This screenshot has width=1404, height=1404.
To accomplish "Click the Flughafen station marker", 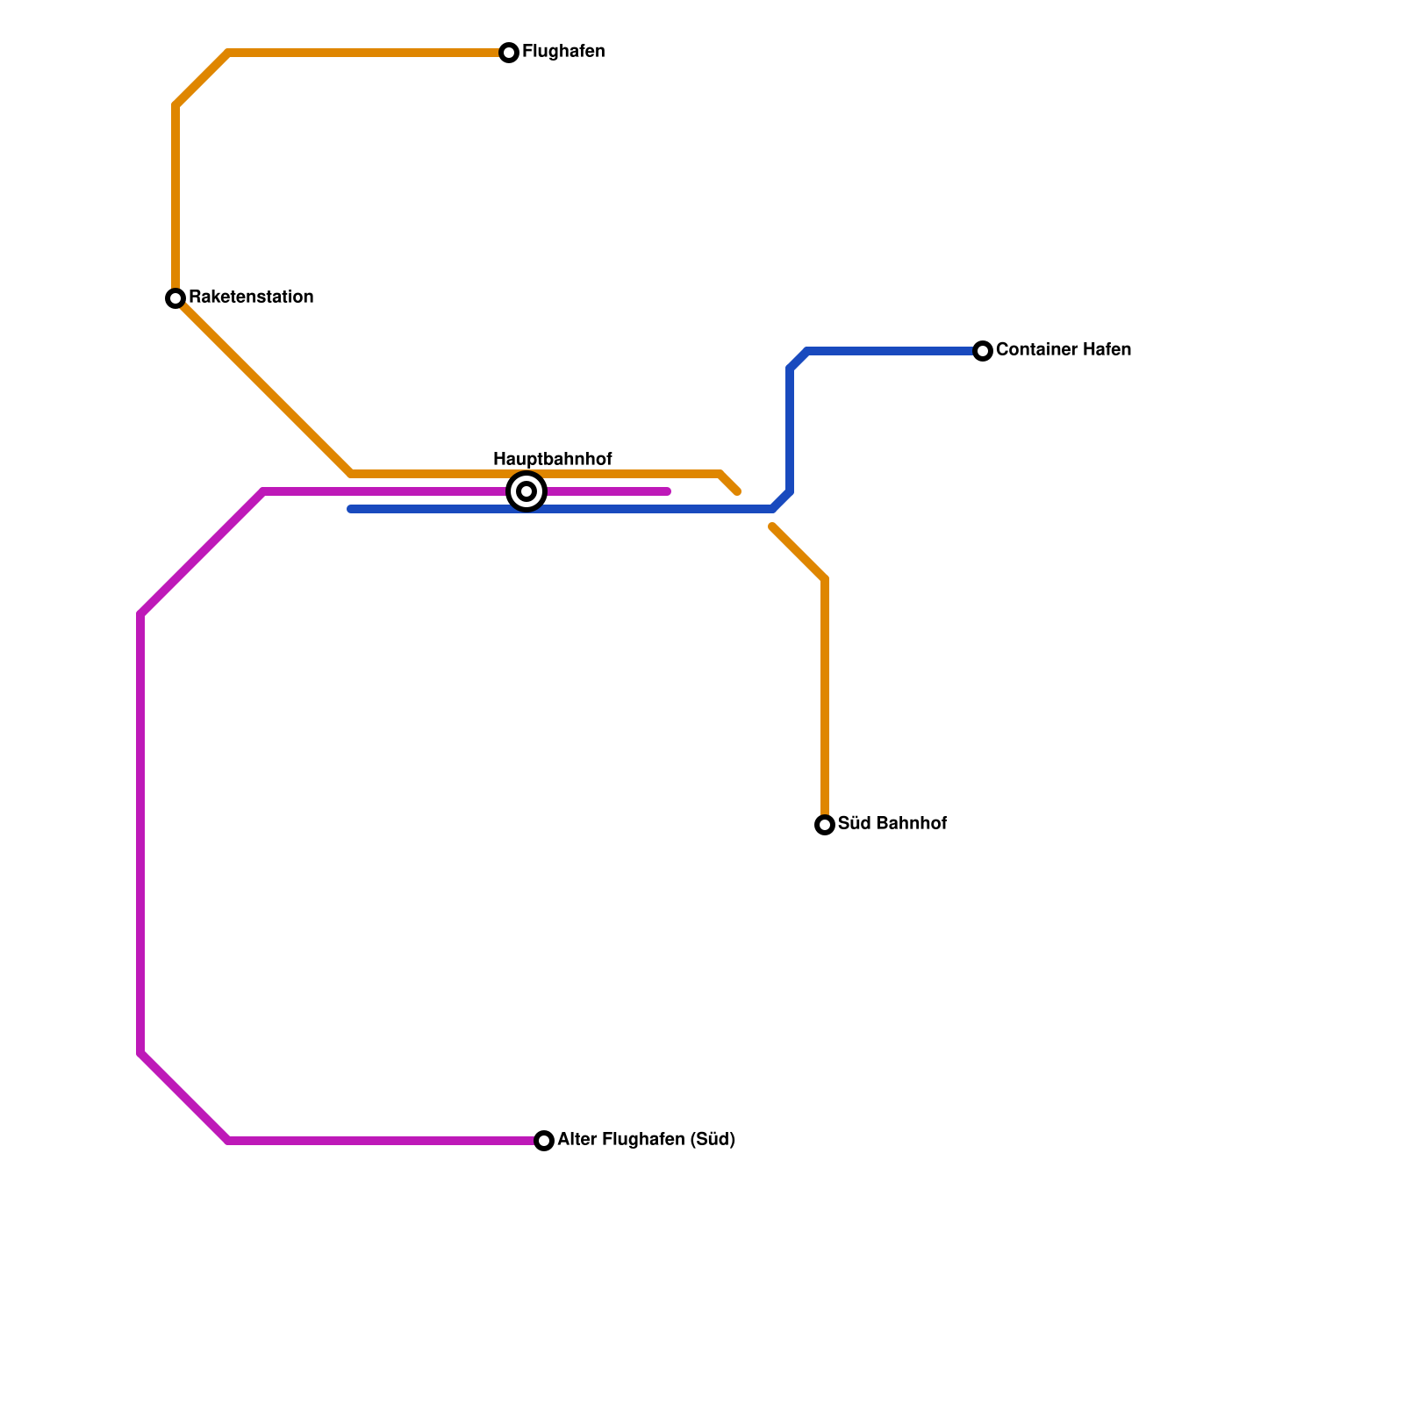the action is [x=509, y=53].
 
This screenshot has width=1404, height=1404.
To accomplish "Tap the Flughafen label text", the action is [x=563, y=52].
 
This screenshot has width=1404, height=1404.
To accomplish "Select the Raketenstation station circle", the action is [x=175, y=298].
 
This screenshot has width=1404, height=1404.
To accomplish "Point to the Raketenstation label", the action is [x=251, y=297].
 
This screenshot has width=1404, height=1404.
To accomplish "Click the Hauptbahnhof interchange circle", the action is [x=526, y=491].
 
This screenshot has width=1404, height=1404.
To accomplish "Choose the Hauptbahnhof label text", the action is [x=552, y=459].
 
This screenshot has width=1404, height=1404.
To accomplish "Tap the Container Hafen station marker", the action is [x=983, y=351].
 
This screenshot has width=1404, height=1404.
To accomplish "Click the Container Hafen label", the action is [x=1064, y=350].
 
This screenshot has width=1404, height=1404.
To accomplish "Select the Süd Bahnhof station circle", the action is [x=825, y=825].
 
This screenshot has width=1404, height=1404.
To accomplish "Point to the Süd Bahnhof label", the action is [x=892, y=824].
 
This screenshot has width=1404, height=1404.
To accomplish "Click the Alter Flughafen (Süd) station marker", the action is [x=544, y=1141].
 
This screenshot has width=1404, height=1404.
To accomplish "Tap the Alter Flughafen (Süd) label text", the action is [x=646, y=1140].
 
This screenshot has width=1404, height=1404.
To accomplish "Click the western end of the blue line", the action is [x=351, y=509].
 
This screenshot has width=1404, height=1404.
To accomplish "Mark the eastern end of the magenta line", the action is [x=668, y=491].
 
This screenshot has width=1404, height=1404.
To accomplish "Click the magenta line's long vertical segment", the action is [x=140, y=834].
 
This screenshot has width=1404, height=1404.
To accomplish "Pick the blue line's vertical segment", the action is [x=790, y=430].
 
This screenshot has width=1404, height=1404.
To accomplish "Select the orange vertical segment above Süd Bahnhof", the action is [x=825, y=702].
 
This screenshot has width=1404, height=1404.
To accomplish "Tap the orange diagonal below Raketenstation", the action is [x=263, y=386].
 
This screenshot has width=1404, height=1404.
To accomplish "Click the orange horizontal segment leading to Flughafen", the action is [x=369, y=53].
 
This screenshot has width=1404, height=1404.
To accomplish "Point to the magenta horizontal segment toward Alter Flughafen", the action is [x=386, y=1141].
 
